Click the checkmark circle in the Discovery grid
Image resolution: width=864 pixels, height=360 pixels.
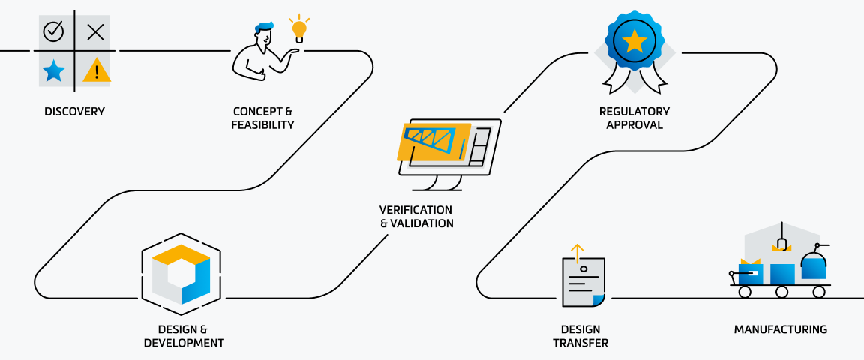54,31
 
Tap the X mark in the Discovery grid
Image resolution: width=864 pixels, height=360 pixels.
95,31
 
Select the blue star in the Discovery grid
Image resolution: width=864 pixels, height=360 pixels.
54,71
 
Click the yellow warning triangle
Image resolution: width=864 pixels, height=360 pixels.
97,71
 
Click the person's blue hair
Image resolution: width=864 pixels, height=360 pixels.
264,28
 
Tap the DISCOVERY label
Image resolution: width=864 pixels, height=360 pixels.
74,112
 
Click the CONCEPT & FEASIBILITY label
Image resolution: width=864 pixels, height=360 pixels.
262,118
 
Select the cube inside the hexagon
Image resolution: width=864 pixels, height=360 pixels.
181,274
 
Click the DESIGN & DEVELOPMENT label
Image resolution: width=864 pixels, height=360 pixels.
184,336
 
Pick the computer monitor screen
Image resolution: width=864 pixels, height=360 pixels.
448,146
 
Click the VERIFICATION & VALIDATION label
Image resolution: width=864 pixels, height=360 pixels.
416,216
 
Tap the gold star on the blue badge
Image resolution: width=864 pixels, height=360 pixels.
634,41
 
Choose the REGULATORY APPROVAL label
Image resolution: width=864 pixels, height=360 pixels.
634,118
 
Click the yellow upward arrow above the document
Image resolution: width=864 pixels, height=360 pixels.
576,253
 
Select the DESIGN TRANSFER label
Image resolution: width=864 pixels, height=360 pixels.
580,336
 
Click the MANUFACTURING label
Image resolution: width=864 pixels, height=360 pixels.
780,329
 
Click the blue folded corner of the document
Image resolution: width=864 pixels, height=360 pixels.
598,300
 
